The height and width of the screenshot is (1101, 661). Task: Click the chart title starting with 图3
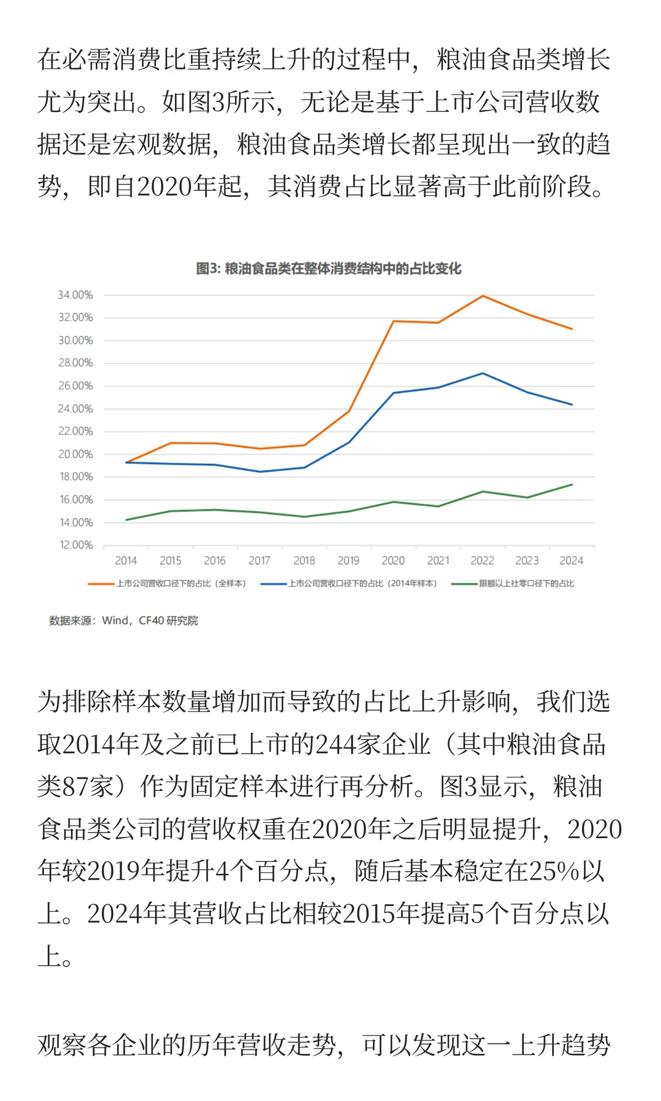tap(329, 269)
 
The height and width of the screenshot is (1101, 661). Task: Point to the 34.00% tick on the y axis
tap(75, 295)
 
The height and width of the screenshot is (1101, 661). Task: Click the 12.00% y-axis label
tap(76, 545)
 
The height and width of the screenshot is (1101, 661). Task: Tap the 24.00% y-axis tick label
tap(75, 409)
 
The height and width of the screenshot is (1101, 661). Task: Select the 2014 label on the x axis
tap(125, 560)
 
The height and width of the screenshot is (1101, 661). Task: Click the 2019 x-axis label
tap(348, 560)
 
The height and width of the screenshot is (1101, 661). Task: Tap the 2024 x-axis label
tap(571, 560)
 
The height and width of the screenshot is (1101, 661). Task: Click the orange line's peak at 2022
tap(483, 296)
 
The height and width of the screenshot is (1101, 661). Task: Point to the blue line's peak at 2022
tap(483, 373)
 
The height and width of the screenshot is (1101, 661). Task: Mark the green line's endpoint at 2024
tap(572, 484)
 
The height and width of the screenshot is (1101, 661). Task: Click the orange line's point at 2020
tap(393, 321)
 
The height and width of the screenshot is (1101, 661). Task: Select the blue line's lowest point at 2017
tap(260, 472)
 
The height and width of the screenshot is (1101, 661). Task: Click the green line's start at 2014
tap(126, 520)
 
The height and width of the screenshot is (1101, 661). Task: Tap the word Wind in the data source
tap(115, 620)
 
